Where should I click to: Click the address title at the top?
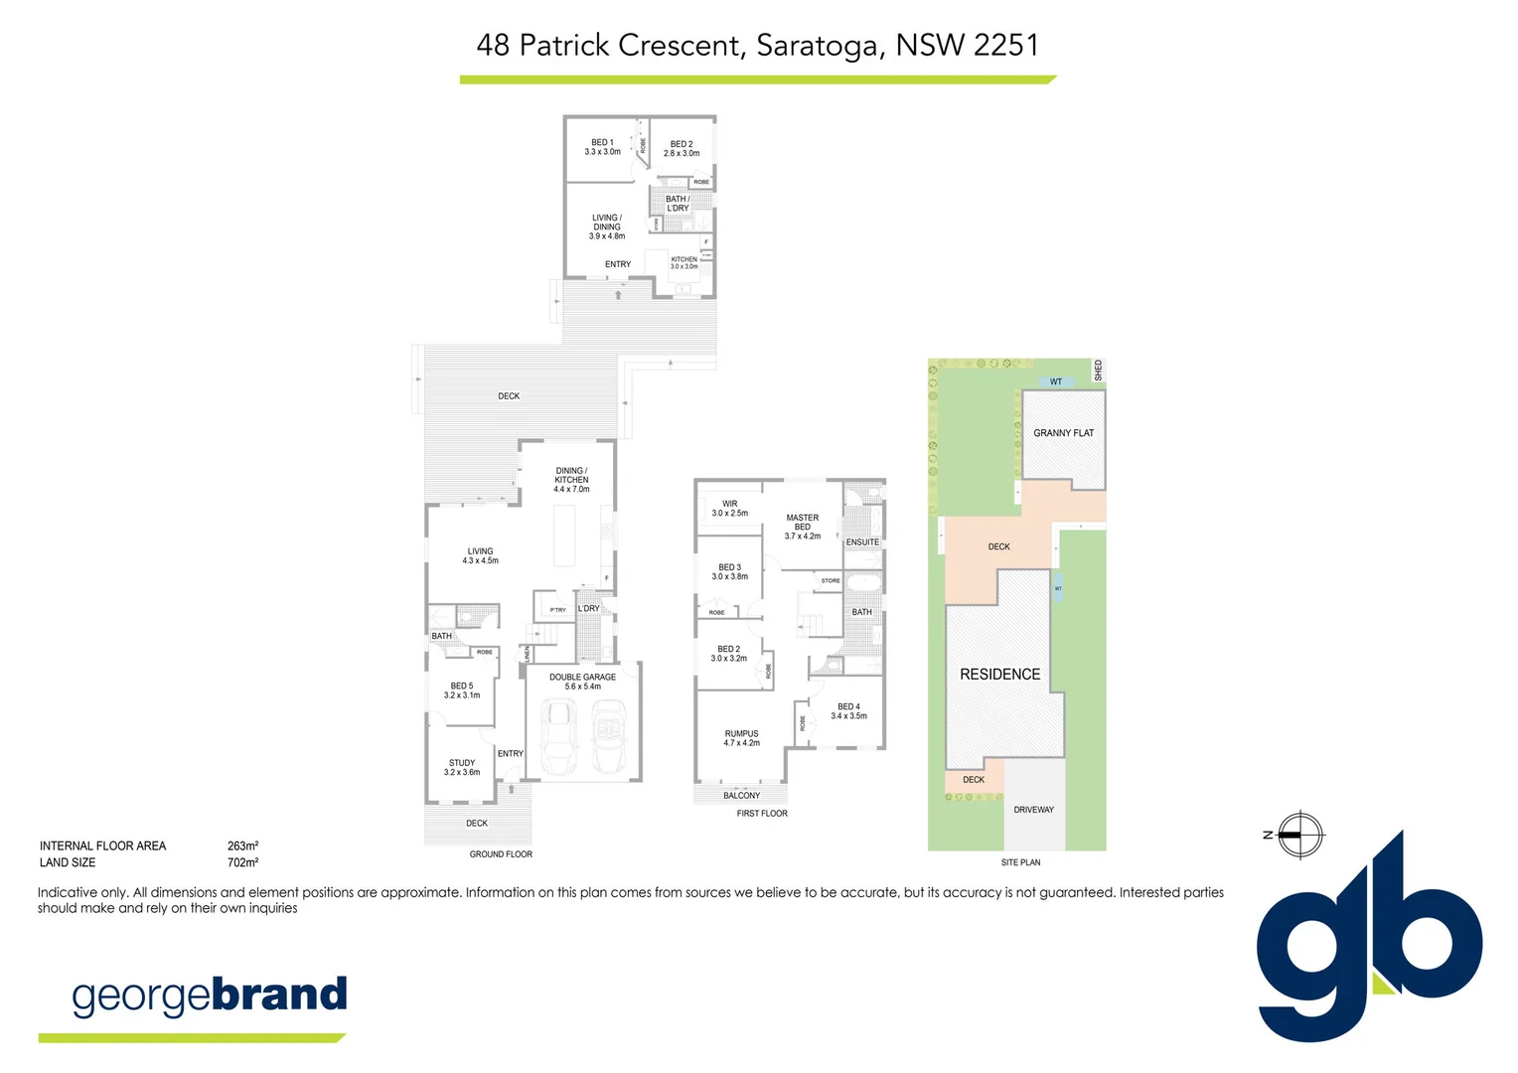click(x=757, y=45)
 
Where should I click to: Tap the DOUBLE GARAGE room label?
click(x=582, y=682)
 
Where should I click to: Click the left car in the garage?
click(x=558, y=736)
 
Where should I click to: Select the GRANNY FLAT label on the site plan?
click(x=1063, y=433)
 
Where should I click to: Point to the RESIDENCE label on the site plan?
click(x=999, y=674)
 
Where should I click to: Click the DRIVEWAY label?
click(x=1033, y=810)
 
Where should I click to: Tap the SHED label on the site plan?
click(x=1098, y=370)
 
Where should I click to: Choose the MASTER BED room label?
click(x=802, y=527)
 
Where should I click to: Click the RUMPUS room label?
click(x=741, y=738)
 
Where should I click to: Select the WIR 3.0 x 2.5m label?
click(x=729, y=509)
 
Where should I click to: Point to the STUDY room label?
click(x=462, y=768)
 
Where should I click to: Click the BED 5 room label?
click(x=462, y=690)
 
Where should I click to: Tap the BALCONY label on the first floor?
click(x=741, y=796)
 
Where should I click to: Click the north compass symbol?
click(x=1298, y=835)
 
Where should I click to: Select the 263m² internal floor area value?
click(x=242, y=846)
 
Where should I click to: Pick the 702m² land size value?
click(x=242, y=862)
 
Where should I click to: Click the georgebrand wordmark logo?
click(x=210, y=996)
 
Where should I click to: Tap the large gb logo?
click(x=1369, y=944)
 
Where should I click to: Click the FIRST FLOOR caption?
click(x=762, y=814)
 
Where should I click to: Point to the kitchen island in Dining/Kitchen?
click(x=564, y=536)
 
